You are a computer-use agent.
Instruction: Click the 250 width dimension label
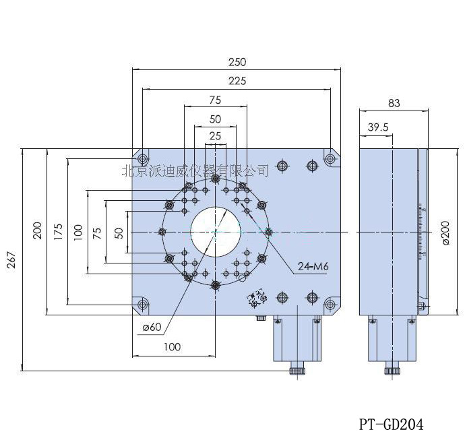click(237, 62)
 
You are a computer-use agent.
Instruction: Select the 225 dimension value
click(237, 81)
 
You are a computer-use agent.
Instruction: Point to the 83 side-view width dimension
click(394, 103)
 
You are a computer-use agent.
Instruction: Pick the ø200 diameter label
click(445, 232)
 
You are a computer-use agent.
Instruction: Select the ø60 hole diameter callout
click(152, 328)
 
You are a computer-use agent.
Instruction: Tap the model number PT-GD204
click(391, 424)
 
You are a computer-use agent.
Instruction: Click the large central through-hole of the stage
click(215, 232)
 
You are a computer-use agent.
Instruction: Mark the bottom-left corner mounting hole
click(142, 305)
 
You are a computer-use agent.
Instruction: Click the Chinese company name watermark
click(195, 170)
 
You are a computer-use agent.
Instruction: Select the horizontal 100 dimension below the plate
click(173, 347)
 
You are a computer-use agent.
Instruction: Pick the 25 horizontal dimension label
click(215, 135)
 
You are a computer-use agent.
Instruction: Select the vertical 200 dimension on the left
click(37, 231)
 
